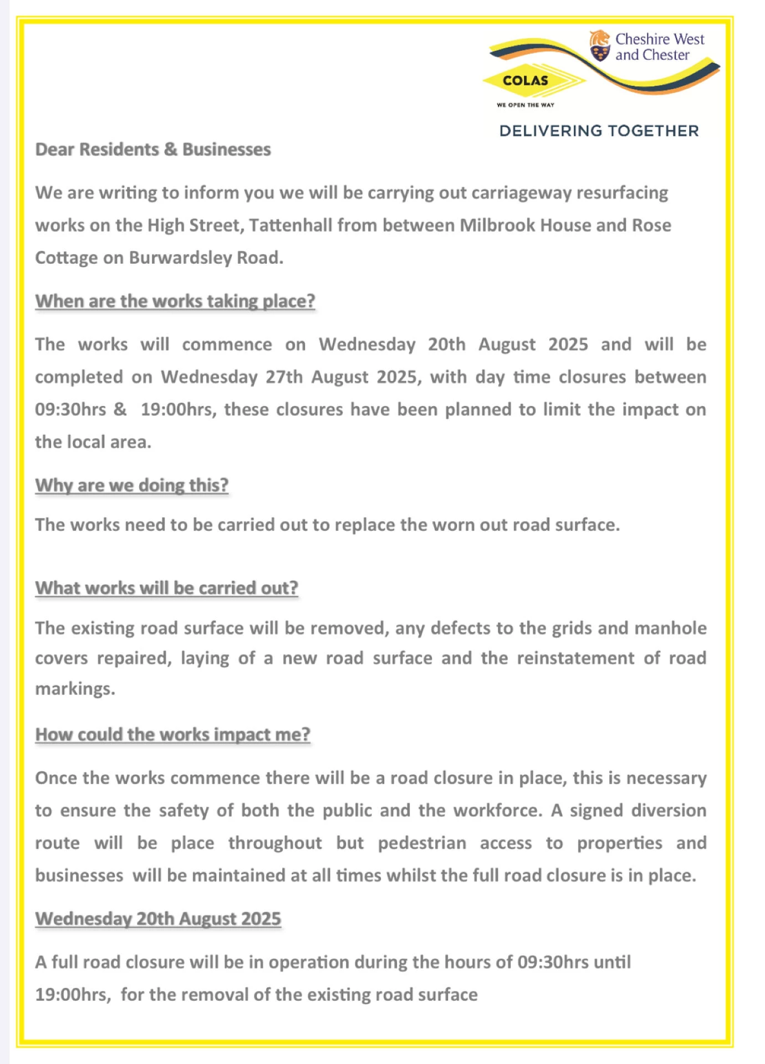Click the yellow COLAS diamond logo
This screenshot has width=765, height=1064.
point(526,81)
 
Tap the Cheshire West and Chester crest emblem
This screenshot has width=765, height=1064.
point(600,46)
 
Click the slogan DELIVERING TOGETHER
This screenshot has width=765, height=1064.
point(599,131)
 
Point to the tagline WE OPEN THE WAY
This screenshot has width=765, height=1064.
point(525,105)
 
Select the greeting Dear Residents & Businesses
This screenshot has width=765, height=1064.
point(153,150)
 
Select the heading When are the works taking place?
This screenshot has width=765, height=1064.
point(175,301)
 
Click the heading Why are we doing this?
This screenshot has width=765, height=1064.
point(132,485)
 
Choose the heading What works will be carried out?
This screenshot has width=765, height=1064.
point(167,587)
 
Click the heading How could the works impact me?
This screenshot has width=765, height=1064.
point(173,734)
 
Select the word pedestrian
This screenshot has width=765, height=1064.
point(422,843)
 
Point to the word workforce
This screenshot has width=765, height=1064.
point(497,810)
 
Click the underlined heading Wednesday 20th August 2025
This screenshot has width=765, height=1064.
point(159,918)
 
